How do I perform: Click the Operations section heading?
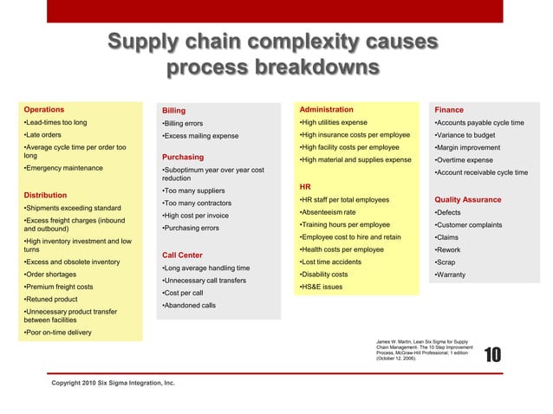43,110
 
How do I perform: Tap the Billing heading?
173,111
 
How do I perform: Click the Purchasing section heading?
183,157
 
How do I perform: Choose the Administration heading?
325,110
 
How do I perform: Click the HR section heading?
304,186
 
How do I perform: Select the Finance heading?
449,110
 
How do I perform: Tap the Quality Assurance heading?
468,199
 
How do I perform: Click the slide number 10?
491,354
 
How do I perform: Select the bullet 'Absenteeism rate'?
327,212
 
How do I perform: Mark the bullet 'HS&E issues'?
320,287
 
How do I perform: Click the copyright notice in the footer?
113,382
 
